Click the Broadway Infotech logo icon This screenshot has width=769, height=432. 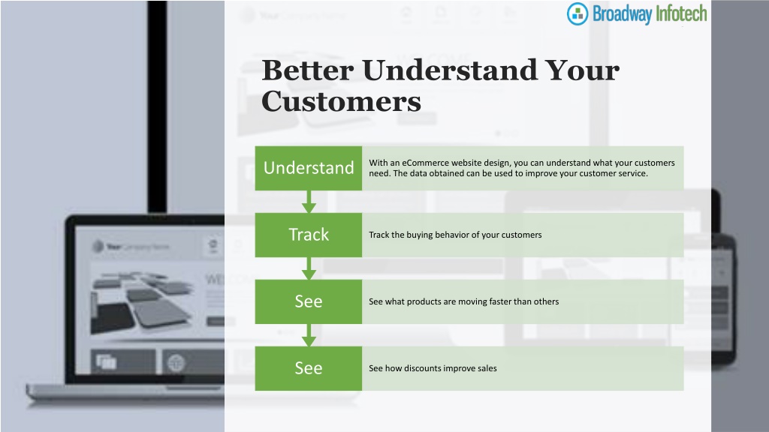coord(578,13)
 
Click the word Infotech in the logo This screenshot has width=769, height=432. coord(681,13)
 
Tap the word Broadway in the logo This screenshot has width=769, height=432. coord(622,14)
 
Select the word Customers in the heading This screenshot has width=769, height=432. coord(342,101)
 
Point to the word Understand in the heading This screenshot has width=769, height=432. coord(451,70)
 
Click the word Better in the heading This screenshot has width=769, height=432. coord(307,70)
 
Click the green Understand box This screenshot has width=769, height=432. coord(309,168)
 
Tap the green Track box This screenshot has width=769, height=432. coord(309,235)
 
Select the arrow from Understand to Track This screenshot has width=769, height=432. coord(309,201)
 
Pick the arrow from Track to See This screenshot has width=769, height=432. coord(309,268)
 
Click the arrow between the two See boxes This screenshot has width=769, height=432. coord(309,335)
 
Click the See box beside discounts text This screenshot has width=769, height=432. coord(309,368)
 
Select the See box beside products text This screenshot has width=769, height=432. coord(309,301)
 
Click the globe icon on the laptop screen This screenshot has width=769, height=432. coord(176,363)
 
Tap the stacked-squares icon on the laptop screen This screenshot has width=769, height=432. coord(106,362)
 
